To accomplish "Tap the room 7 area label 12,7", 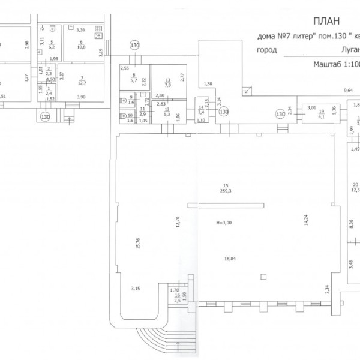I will (82, 83).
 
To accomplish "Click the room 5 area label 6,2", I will (52, 46).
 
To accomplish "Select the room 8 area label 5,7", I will (134, 79).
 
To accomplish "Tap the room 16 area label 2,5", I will (178, 301).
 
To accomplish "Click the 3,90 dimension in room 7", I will (82, 97).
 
